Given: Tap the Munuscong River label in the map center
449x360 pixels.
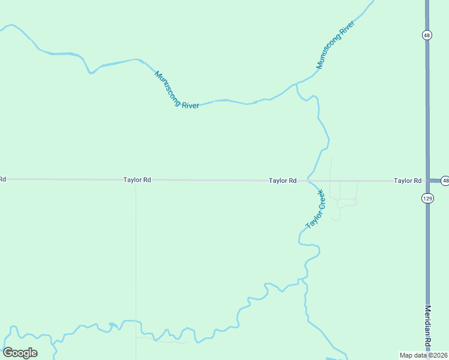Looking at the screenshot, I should [x=176, y=90].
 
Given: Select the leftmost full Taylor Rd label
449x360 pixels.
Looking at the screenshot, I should [x=137, y=179].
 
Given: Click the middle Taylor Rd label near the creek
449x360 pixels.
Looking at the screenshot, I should [x=282, y=180].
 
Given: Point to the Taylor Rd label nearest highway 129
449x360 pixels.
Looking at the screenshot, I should [x=407, y=180].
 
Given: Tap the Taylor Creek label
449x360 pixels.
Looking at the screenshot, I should [x=315, y=209].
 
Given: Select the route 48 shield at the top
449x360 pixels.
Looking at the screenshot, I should [x=426, y=35].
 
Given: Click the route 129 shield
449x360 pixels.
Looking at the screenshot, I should [x=427, y=198].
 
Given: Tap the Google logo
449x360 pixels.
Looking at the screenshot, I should [x=20, y=352].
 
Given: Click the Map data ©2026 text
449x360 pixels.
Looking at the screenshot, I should [x=423, y=355].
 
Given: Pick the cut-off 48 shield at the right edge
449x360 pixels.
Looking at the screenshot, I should [x=445, y=180].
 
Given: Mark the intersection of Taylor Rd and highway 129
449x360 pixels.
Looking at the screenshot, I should [x=427, y=180].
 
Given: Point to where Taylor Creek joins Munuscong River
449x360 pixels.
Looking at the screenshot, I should [x=297, y=85].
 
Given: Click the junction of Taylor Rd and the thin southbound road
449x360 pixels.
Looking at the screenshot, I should [x=136, y=180].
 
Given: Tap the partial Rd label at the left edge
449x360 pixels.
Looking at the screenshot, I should [x=2, y=179].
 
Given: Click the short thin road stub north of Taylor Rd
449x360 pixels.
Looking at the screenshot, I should [x=331, y=168].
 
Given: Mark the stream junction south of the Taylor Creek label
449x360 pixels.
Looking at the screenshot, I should [x=306, y=280].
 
